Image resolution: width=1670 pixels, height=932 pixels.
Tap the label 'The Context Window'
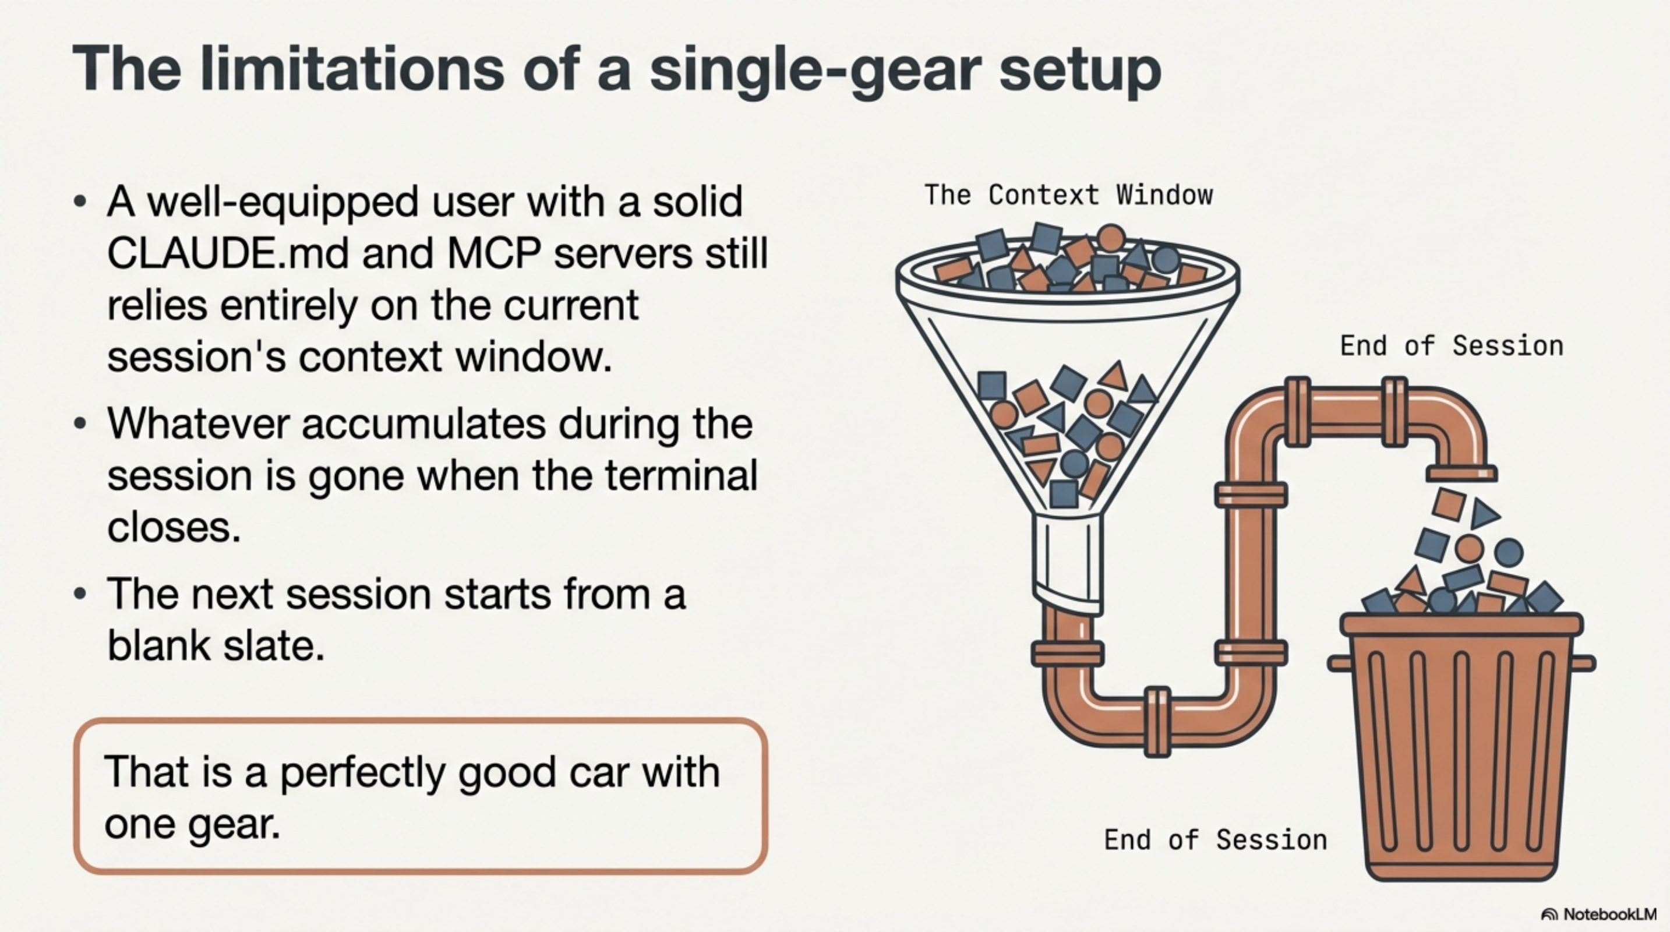[1068, 195]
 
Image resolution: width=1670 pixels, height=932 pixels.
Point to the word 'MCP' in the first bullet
[494, 253]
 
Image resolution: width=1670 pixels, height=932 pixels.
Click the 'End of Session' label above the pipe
[1452, 346]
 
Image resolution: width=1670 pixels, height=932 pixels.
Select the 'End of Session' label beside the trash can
[1216, 840]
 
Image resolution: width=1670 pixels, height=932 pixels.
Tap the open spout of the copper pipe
[1461, 474]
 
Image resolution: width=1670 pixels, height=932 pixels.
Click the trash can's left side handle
[1341, 663]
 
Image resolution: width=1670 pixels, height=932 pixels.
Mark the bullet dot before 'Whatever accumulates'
[80, 424]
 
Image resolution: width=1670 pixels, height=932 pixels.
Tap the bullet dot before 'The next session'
[80, 594]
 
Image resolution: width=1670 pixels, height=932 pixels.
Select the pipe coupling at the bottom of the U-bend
[1157, 721]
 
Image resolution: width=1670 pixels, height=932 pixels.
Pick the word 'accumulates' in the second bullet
[424, 424]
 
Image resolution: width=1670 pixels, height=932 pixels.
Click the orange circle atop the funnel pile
[1111, 237]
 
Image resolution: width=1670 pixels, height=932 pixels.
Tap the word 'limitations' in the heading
[351, 70]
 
